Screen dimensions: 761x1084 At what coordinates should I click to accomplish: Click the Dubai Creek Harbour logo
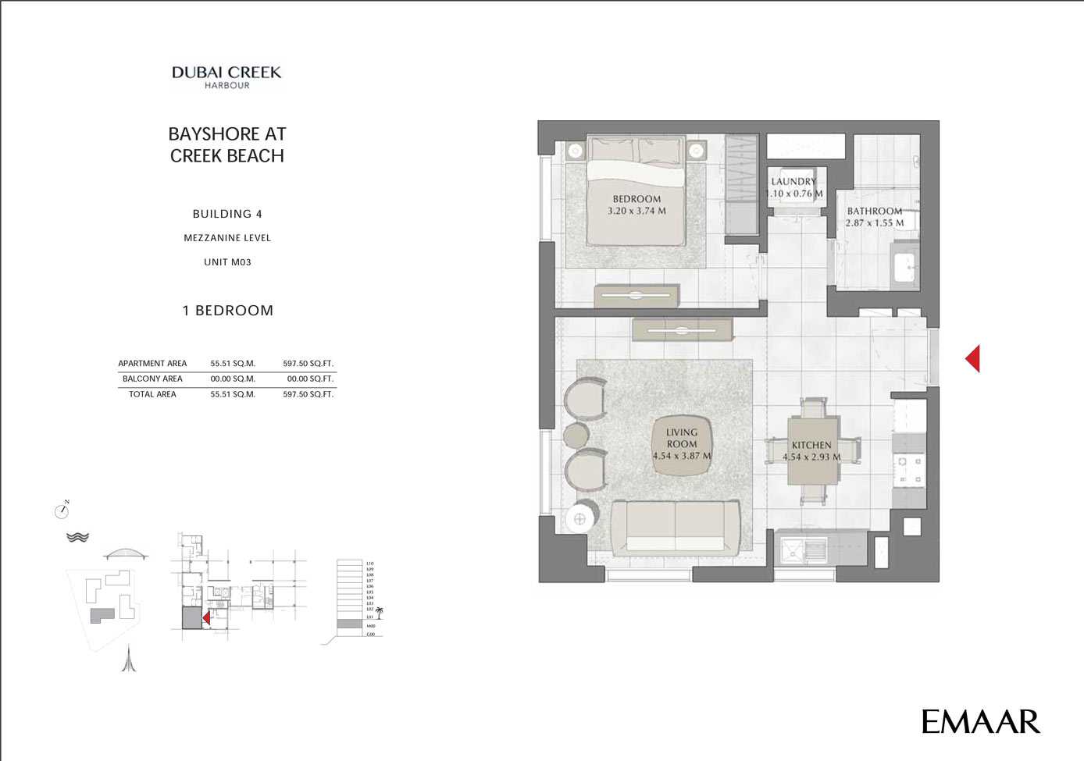tap(226, 76)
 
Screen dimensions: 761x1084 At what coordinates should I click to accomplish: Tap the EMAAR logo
tap(980, 722)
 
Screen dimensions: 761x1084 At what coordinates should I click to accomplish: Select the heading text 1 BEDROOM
tap(227, 311)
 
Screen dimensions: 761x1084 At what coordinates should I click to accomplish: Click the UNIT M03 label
tap(227, 262)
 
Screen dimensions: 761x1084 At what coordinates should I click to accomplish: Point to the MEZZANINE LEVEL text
tap(227, 238)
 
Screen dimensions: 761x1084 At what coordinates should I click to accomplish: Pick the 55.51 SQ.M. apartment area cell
tap(233, 364)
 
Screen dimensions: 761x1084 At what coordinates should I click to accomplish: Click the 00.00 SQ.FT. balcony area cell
tap(309, 379)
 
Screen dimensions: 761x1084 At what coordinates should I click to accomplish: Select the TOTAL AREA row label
tap(152, 394)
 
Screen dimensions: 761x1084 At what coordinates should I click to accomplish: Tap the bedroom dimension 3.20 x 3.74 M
tap(636, 211)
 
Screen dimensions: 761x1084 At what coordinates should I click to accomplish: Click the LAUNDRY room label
tap(793, 182)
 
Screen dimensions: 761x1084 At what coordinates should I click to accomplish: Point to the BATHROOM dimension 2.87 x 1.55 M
tap(874, 223)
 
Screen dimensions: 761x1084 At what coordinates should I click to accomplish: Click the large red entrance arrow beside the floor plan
tap(972, 359)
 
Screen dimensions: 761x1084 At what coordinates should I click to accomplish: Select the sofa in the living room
tap(676, 527)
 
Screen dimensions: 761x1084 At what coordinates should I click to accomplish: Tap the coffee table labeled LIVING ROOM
tap(682, 445)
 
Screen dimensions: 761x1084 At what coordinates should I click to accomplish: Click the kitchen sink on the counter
tap(804, 550)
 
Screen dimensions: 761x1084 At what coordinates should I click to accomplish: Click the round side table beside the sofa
tap(579, 518)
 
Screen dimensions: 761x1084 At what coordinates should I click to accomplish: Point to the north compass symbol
tap(62, 510)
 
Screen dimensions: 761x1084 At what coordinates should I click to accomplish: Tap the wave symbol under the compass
tap(77, 537)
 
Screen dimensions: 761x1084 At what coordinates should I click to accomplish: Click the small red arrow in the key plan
tap(206, 618)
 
